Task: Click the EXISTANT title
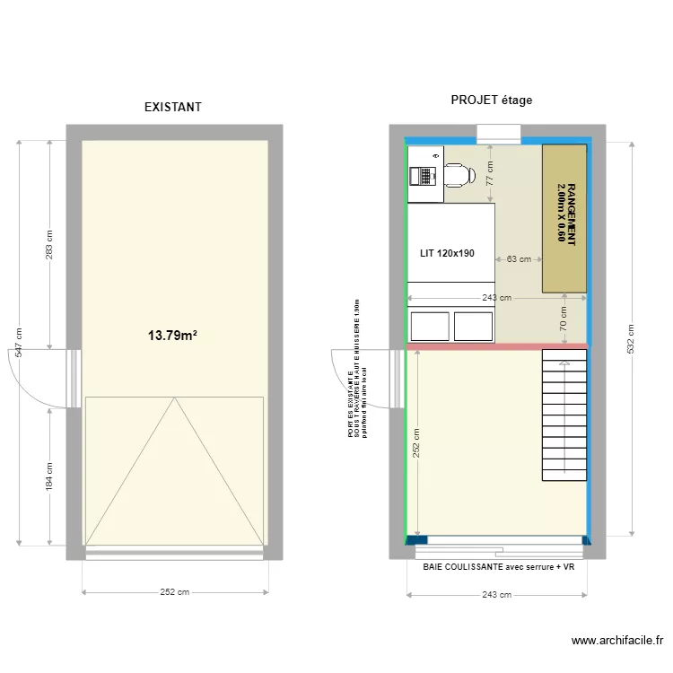[173, 107]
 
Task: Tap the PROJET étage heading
[491, 101]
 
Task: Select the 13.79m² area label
[172, 336]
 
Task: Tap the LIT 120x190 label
[447, 254]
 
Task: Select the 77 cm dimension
[490, 172]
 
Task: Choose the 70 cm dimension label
[564, 319]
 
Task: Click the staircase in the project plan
[564, 415]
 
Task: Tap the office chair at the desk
[459, 174]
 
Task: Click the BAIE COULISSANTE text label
[497, 566]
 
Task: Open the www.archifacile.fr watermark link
[616, 641]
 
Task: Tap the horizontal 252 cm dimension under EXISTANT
[174, 592]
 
